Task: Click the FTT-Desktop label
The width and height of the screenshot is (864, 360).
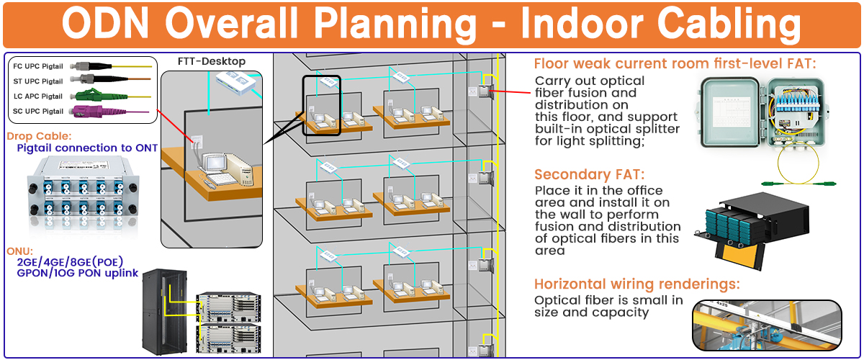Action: [x=212, y=62]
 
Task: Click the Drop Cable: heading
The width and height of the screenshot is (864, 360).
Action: [x=39, y=135]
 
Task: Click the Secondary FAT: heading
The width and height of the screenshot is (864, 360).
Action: [x=589, y=175]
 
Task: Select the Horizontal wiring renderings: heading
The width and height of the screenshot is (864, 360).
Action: [x=636, y=284]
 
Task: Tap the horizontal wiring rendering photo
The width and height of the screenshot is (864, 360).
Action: [x=766, y=325]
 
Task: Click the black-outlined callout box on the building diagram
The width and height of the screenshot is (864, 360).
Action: [x=321, y=105]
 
